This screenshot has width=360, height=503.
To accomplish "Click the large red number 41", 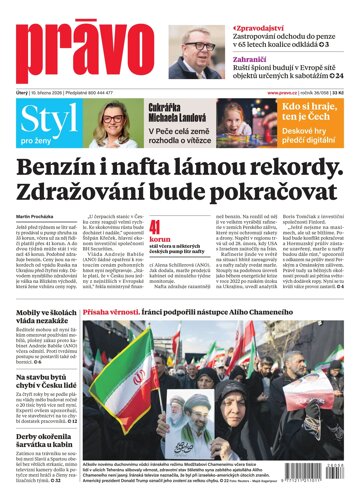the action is coord(155,255).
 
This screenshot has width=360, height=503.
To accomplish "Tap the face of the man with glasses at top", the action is coord(199,46).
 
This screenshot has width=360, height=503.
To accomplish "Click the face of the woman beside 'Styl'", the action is coord(111,125).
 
